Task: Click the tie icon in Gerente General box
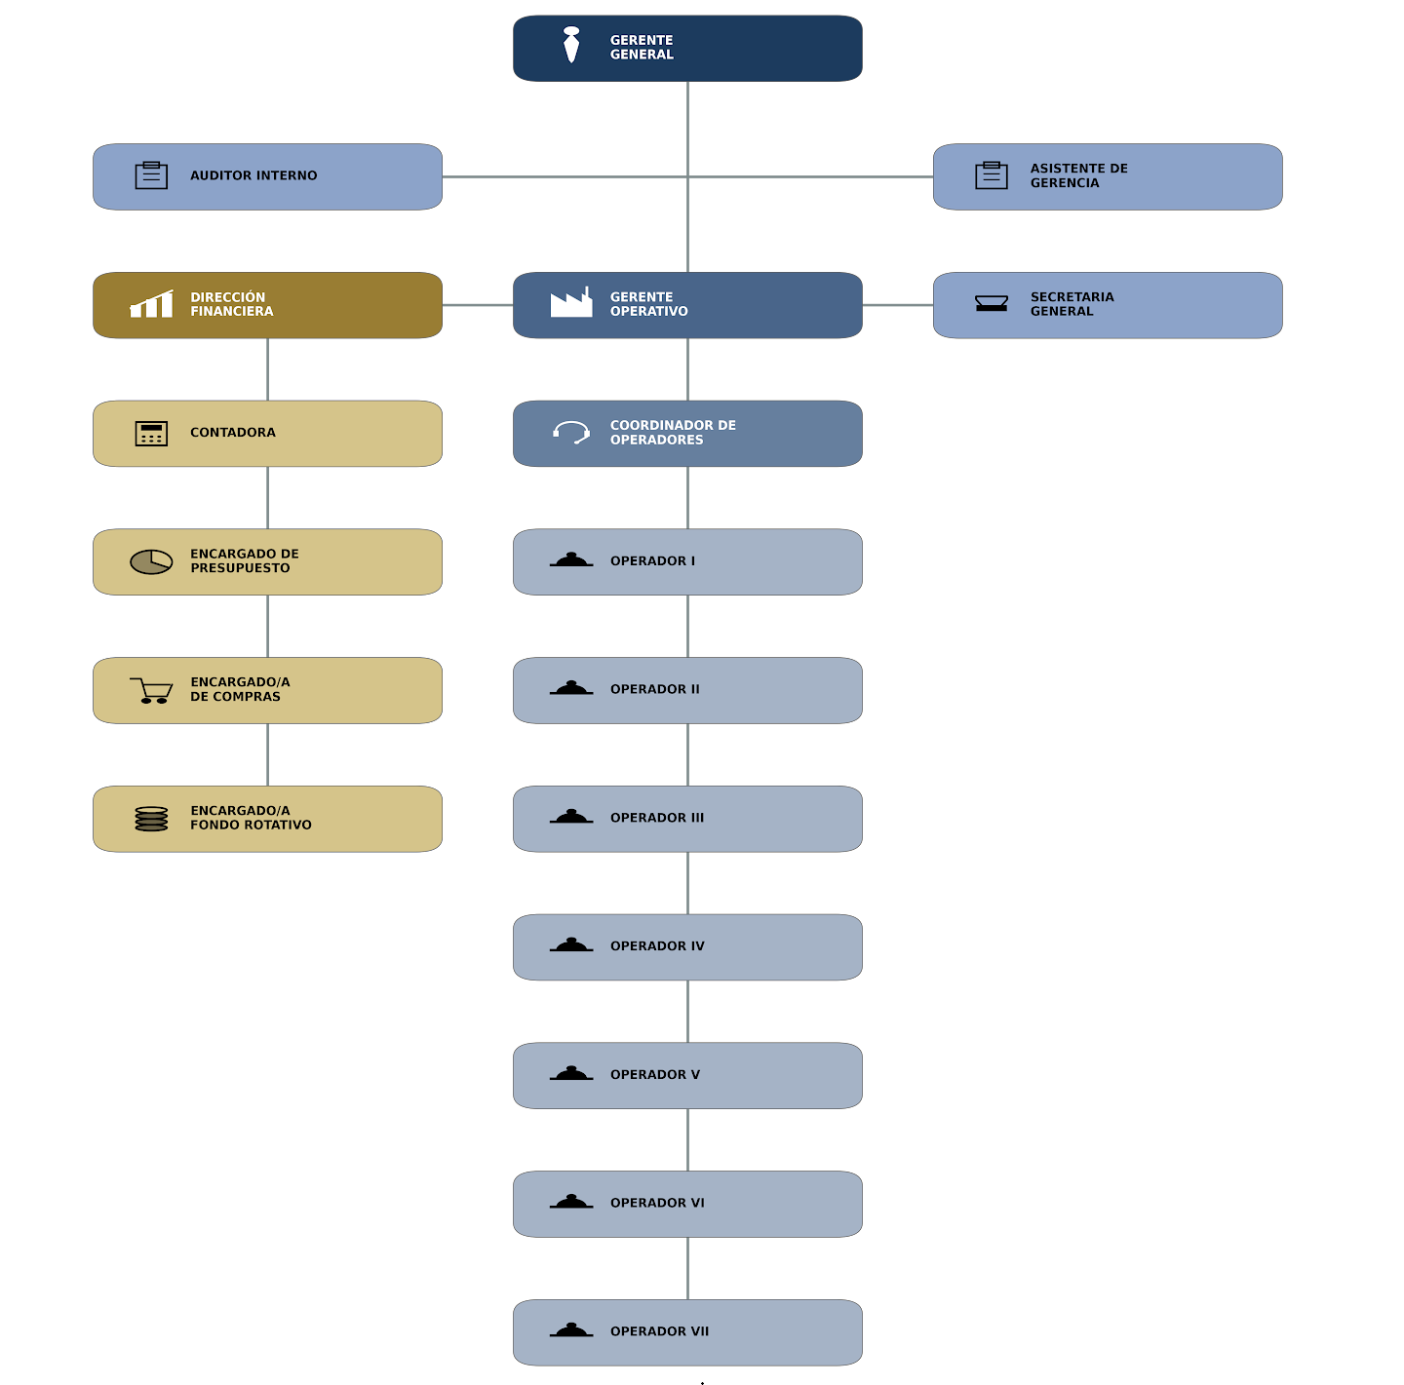(571, 45)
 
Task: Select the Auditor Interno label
(253, 175)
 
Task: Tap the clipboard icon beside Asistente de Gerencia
(991, 175)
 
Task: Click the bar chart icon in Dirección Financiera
(151, 304)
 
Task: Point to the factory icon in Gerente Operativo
(571, 302)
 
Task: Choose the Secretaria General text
(1072, 304)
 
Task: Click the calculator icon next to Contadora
(151, 433)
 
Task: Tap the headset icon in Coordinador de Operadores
(571, 432)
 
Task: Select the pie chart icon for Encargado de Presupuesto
(151, 561)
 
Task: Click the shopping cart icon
(151, 690)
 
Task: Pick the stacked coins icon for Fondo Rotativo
(151, 818)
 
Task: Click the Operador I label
(652, 561)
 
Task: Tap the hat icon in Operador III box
(571, 816)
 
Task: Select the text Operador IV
(657, 945)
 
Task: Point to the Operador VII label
(659, 1331)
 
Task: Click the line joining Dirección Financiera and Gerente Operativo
(477, 304)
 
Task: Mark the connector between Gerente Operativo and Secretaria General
(898, 304)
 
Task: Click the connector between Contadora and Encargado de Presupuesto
(267, 498)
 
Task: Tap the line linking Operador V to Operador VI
(687, 1139)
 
